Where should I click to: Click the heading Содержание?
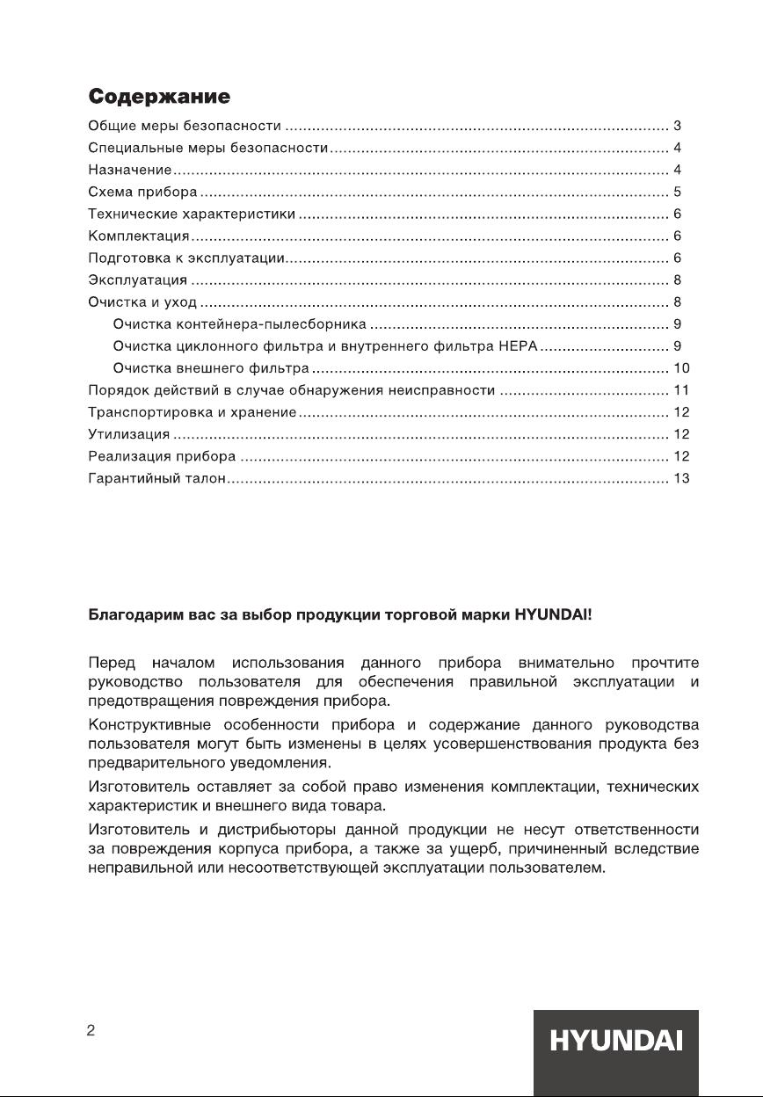[x=159, y=96]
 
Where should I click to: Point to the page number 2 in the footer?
[x=91, y=1032]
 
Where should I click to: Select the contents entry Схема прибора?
[x=143, y=192]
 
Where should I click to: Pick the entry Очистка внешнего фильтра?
[x=211, y=368]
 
